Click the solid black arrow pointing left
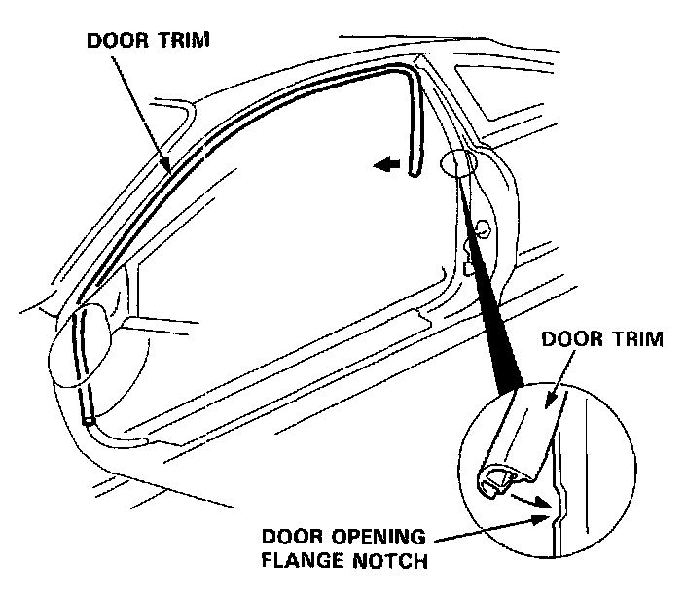pyautogui.click(x=386, y=166)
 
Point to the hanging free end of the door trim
pyautogui.click(x=414, y=165)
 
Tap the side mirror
pyautogui.click(x=83, y=345)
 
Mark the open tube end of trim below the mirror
pyautogui.click(x=89, y=421)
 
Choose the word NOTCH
pyautogui.click(x=391, y=561)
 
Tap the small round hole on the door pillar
pyautogui.click(x=479, y=229)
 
